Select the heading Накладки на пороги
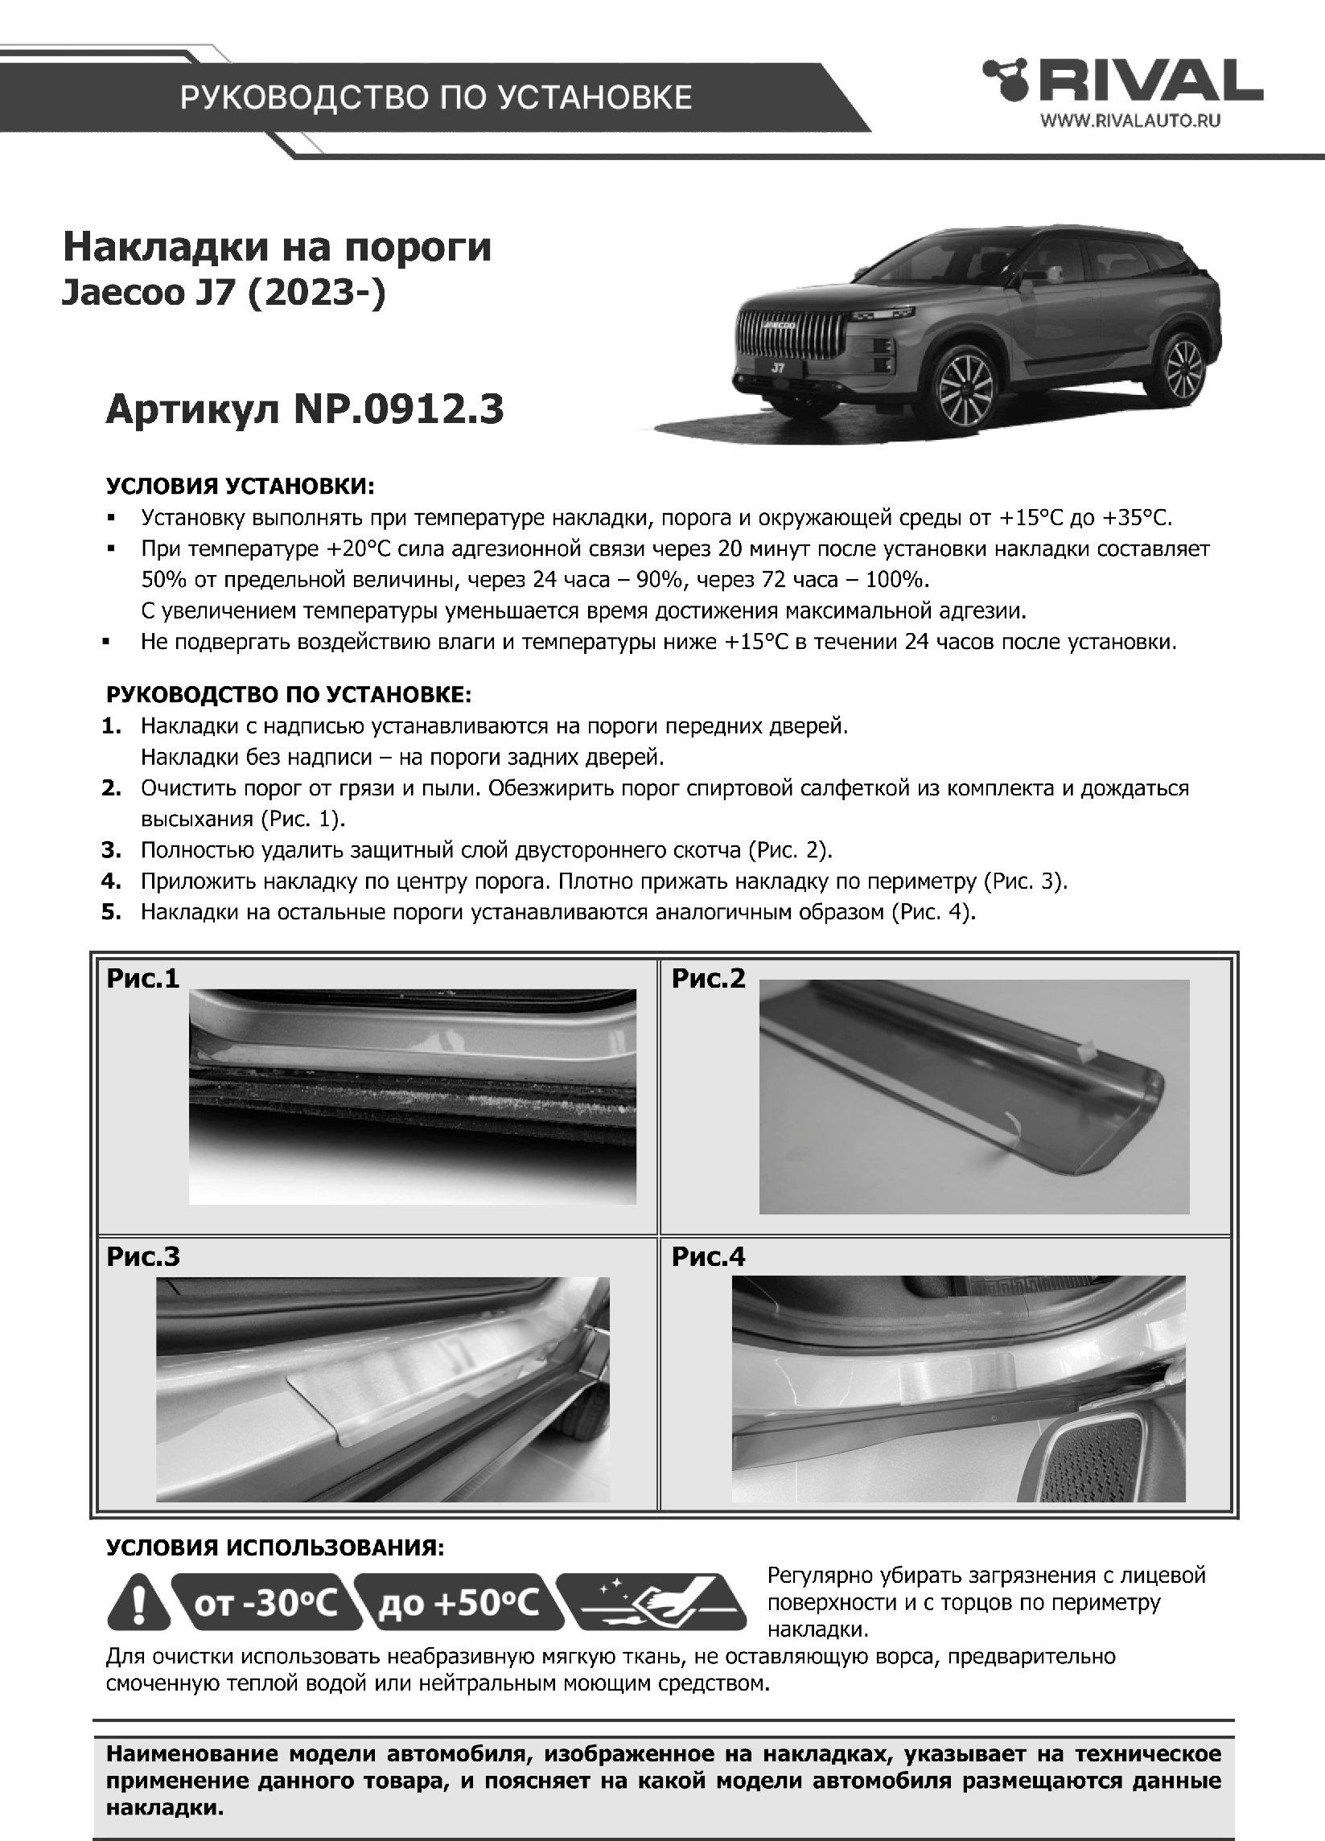[x=277, y=248]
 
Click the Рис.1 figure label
[x=142, y=979]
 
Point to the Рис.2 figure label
[x=708, y=979]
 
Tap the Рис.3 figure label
[x=143, y=1256]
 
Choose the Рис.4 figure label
[x=708, y=1256]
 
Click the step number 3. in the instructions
[x=111, y=850]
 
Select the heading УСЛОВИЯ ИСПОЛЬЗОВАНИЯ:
[x=274, y=1547]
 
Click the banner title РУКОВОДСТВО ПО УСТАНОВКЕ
[x=435, y=97]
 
